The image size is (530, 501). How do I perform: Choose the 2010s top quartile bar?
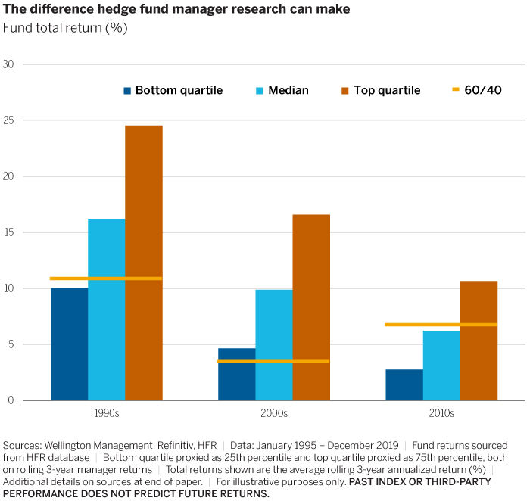coord(479,341)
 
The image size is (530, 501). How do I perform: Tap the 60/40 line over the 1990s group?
coord(106,279)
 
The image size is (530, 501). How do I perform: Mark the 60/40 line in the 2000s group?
coord(273,362)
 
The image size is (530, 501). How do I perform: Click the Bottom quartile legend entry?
coord(173,90)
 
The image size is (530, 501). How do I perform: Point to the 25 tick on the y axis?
coord(9,120)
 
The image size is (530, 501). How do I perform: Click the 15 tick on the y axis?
coord(9,232)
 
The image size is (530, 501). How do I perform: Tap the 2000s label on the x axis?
coord(273,414)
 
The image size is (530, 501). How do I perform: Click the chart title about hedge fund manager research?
coord(176,10)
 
